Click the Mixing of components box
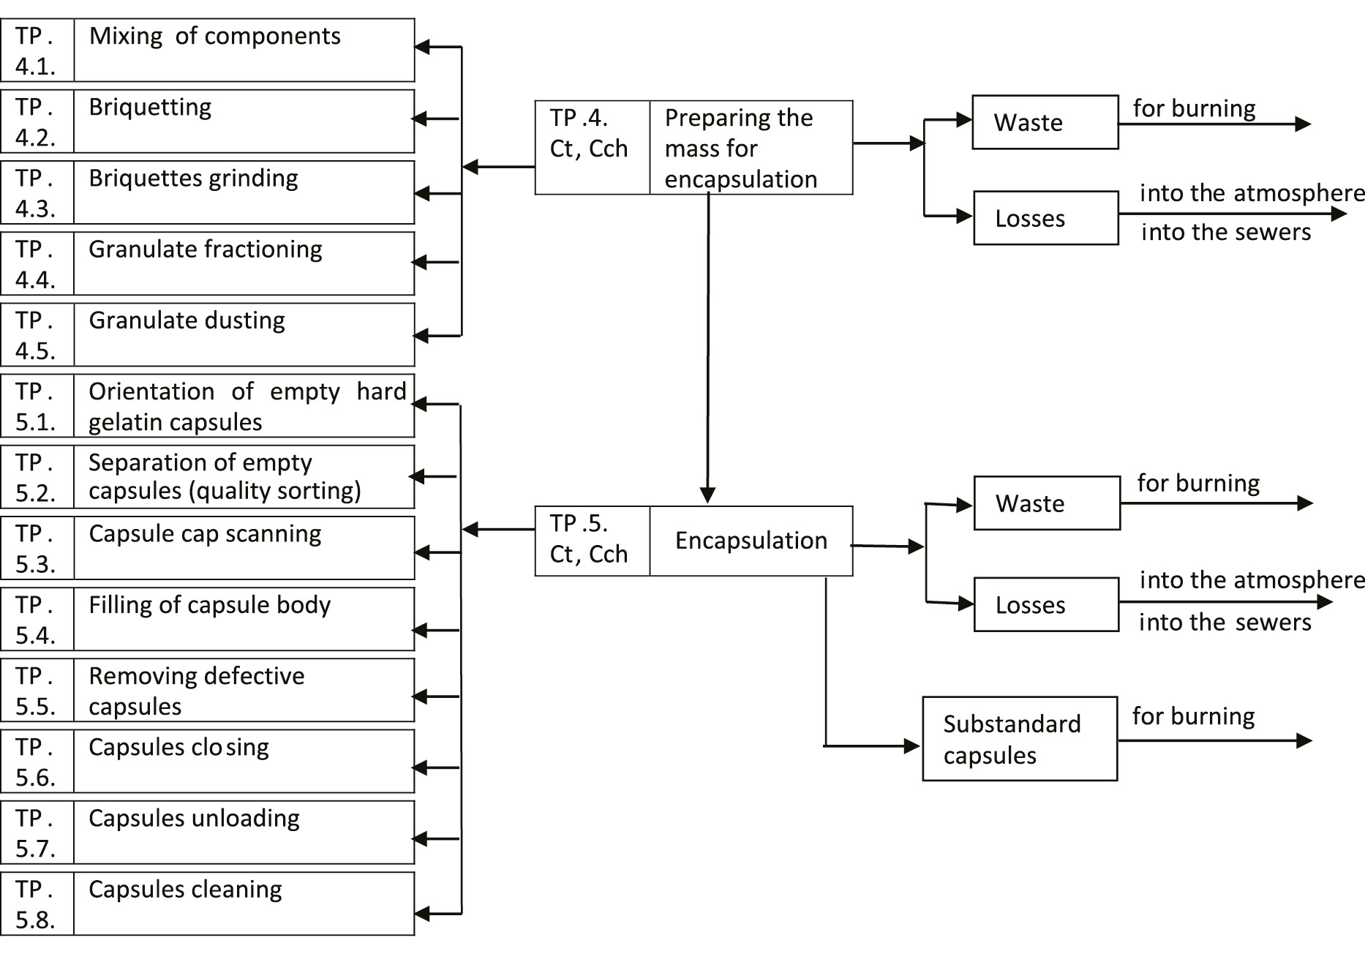coord(244,50)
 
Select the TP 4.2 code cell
coord(37,121)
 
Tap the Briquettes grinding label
coord(193,179)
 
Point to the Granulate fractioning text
coord(205,249)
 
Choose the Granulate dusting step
coord(187,320)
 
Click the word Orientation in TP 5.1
coord(151,391)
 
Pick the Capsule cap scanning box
coord(244,548)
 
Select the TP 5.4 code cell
coord(37,619)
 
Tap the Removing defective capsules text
coord(196,691)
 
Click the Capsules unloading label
coord(194,818)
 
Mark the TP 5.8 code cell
coord(37,904)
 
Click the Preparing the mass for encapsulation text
coord(740,149)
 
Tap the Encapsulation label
coord(751,541)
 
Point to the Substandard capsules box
coord(1020,739)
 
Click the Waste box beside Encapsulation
coord(1047,503)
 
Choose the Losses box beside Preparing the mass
coord(1045,218)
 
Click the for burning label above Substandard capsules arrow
coord(1193,716)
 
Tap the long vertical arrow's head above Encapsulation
coord(707,495)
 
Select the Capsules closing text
coord(178,747)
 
